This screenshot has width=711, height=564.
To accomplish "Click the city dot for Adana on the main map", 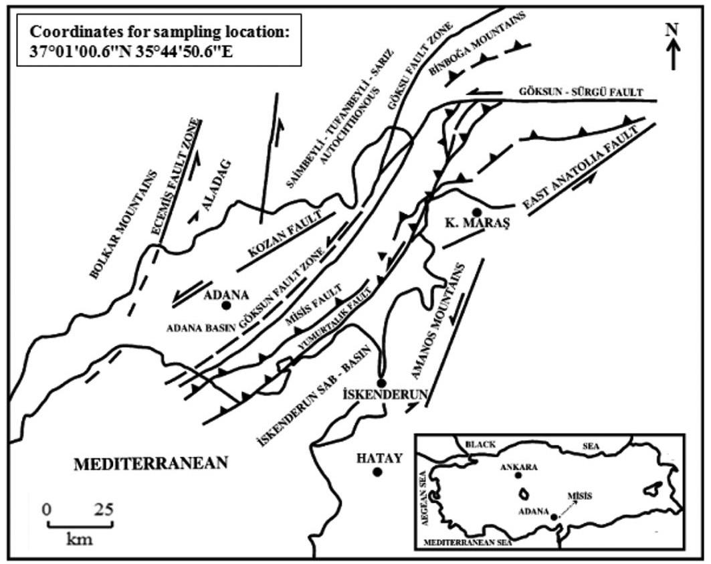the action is click(226, 305).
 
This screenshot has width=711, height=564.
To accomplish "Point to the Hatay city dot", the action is click(377, 472).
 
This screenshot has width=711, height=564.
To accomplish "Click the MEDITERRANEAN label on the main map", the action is click(151, 463).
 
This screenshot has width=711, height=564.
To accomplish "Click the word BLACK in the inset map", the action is click(481, 444).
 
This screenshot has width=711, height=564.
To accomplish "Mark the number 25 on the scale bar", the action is click(102, 509).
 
